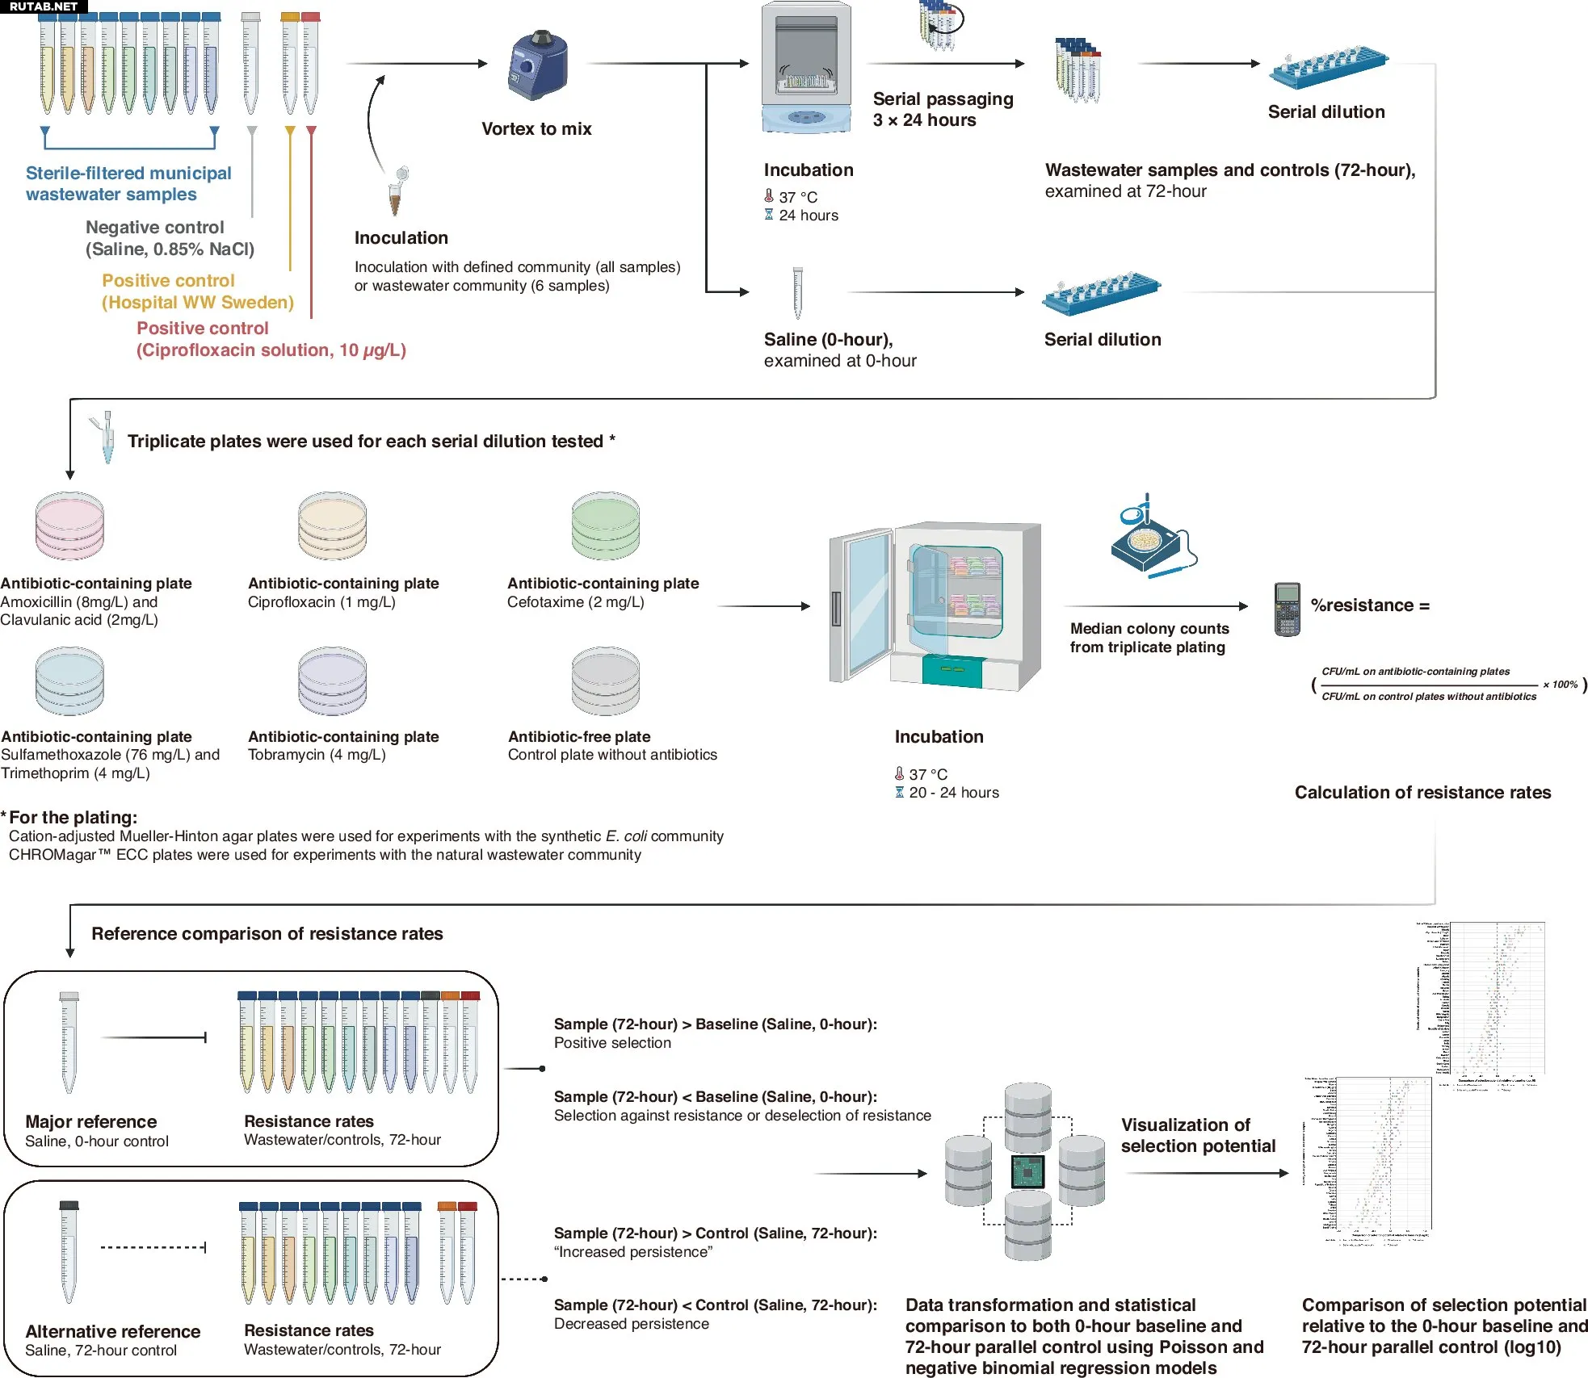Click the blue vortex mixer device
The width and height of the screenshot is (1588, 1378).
(x=537, y=65)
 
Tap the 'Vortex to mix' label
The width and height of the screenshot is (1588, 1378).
(x=536, y=129)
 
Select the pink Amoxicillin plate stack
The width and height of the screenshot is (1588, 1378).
(x=69, y=526)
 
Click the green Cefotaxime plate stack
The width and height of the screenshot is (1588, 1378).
(x=605, y=526)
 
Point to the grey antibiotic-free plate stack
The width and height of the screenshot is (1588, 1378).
(x=605, y=681)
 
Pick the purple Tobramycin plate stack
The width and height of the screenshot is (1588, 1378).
(x=332, y=681)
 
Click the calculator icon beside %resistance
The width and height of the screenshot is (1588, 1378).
(x=1287, y=609)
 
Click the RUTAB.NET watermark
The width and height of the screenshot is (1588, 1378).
(x=44, y=6)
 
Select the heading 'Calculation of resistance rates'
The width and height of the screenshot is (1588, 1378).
(x=1422, y=793)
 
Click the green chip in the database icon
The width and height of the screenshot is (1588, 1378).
(x=1027, y=1171)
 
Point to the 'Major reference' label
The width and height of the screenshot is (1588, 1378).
(x=91, y=1121)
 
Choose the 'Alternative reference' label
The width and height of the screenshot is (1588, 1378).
(x=113, y=1331)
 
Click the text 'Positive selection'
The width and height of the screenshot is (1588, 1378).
(x=612, y=1043)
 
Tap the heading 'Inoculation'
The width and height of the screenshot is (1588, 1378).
(x=401, y=238)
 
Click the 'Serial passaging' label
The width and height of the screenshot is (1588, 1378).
(x=943, y=99)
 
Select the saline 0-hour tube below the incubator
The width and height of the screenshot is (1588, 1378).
(x=797, y=293)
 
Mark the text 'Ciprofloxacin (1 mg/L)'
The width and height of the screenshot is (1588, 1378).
(x=321, y=602)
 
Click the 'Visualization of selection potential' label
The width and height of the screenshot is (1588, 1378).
(x=1198, y=1135)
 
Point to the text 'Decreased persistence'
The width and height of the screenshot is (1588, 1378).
(x=632, y=1324)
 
